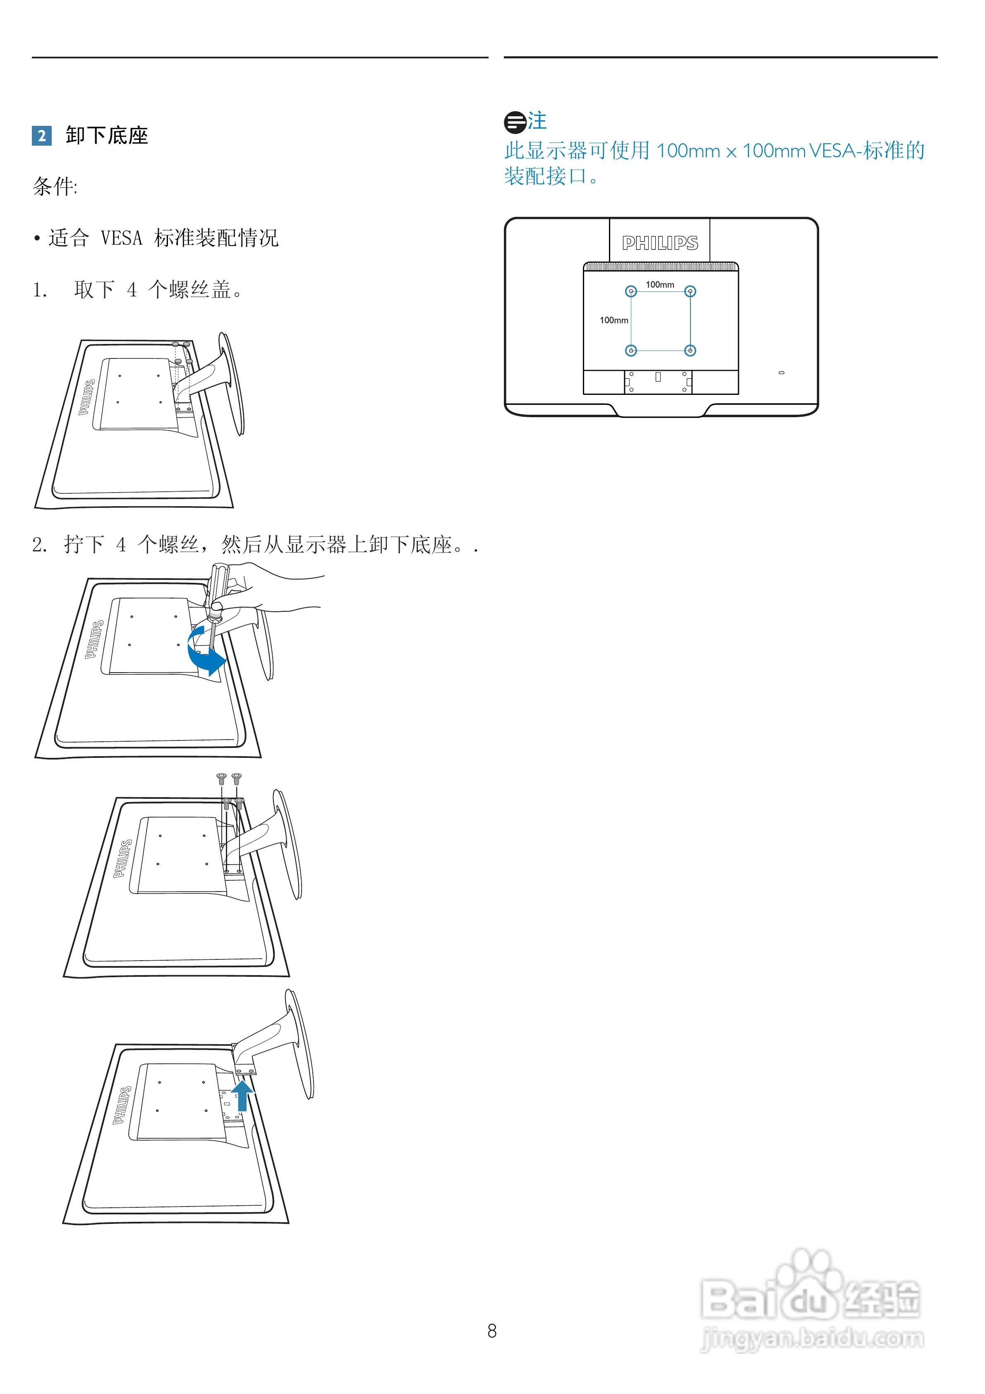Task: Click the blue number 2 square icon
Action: click(41, 135)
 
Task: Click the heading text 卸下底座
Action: click(107, 135)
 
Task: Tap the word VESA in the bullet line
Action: click(121, 238)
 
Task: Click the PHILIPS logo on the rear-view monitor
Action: click(660, 243)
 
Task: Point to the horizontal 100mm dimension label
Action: click(660, 285)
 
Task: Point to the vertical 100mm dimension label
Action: click(614, 320)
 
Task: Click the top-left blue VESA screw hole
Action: click(631, 291)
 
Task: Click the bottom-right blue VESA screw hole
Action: click(690, 350)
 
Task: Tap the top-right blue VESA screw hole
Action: click(690, 291)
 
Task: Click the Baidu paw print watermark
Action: click(810, 1275)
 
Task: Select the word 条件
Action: click(53, 186)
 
